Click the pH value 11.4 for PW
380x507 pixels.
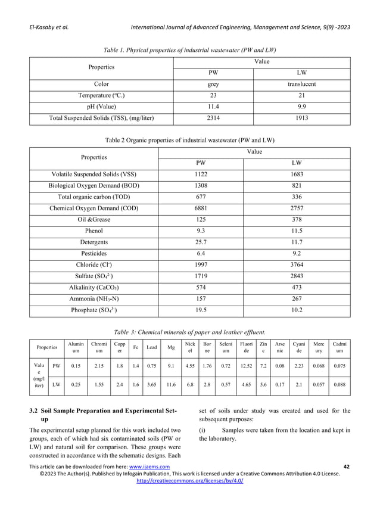tap(213, 106)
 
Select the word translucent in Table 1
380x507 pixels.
tap(301, 84)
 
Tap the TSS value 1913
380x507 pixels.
tap(301, 117)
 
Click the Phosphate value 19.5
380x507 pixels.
tap(204, 310)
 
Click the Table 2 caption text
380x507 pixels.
tap(189, 141)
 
